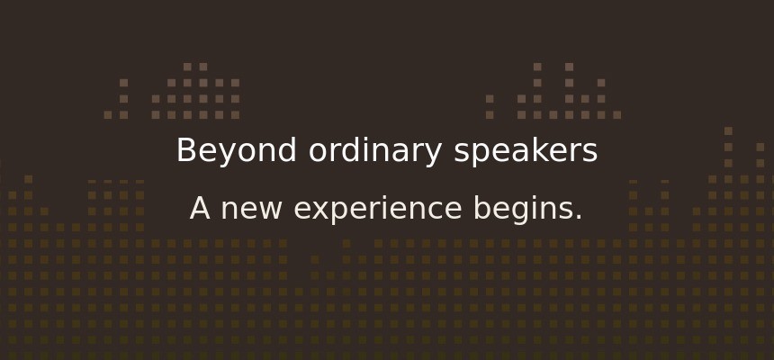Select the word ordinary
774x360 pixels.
pos(375,150)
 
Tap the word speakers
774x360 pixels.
pos(526,150)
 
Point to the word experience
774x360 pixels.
pos(378,210)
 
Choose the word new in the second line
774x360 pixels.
pos(251,210)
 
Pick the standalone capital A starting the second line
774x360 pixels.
pos(200,209)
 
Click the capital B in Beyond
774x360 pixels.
pos(185,150)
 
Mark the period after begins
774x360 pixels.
pos(579,218)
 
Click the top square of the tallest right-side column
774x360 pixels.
pos(728,130)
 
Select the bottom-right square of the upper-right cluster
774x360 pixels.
pos(617,115)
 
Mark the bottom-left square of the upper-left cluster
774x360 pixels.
pos(108,115)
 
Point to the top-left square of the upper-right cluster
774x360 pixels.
pos(537,67)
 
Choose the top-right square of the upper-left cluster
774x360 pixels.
pos(203,67)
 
